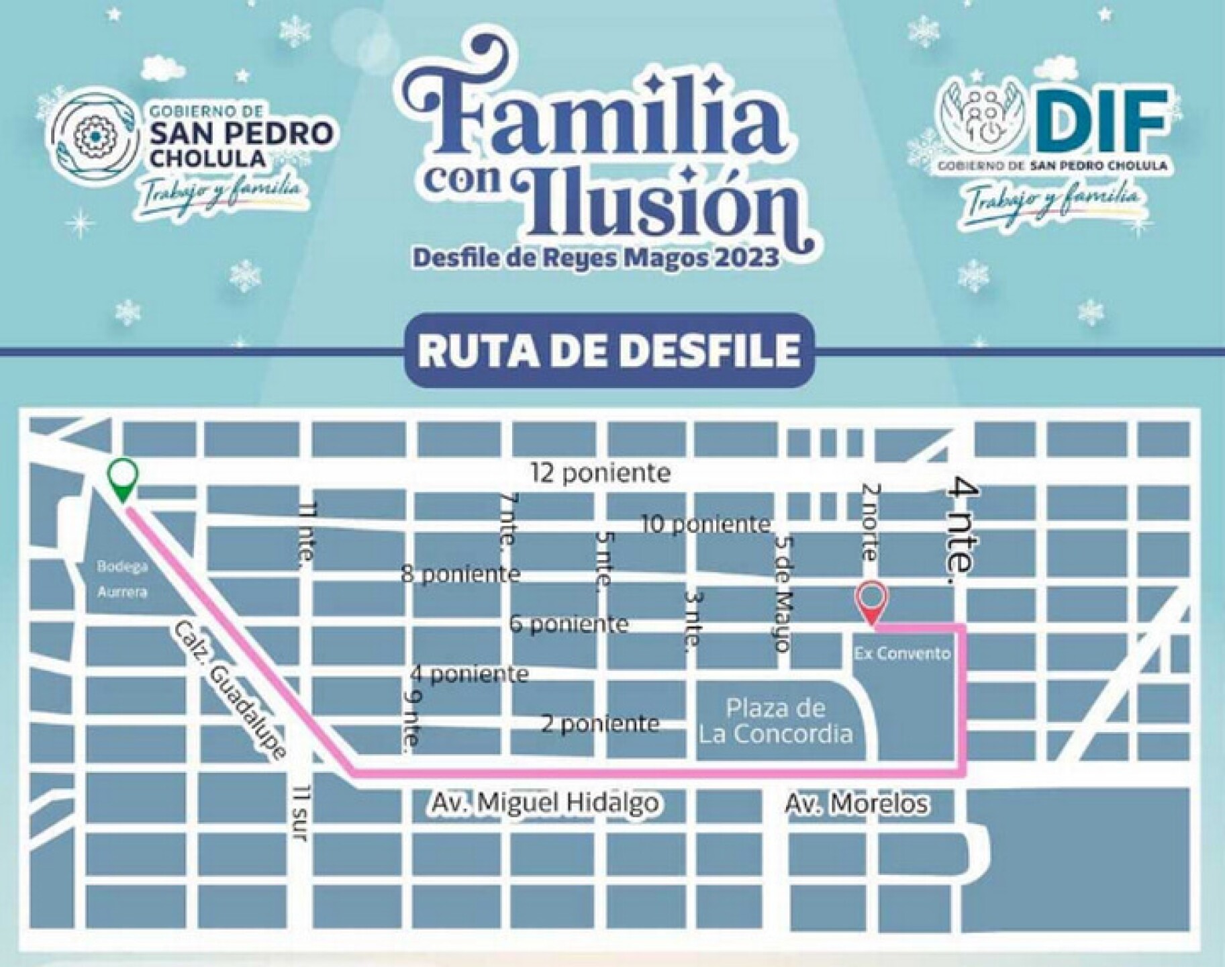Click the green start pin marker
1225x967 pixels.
(124, 478)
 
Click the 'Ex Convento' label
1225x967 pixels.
(901, 653)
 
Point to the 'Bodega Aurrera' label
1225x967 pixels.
(122, 579)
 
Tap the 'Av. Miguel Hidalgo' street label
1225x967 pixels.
(544, 802)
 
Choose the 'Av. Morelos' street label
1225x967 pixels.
(857, 802)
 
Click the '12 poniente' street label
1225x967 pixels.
(600, 473)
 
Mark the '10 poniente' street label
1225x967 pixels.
(705, 523)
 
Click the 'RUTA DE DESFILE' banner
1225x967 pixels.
(609, 349)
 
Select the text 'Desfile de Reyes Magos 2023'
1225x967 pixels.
(596, 257)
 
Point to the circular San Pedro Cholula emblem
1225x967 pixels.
(95, 136)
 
